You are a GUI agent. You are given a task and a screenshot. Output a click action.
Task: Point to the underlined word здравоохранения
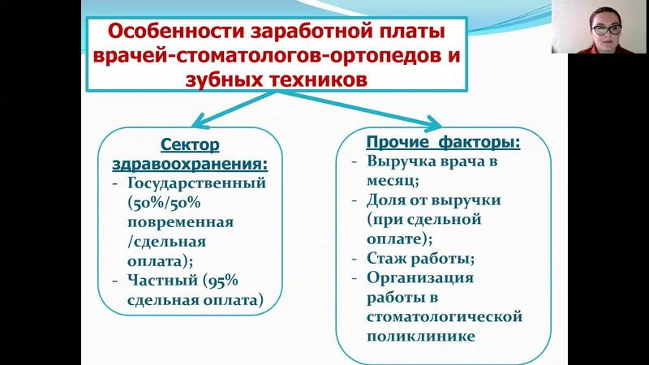tap(189, 163)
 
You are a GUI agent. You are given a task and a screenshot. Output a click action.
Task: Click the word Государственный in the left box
tap(196, 182)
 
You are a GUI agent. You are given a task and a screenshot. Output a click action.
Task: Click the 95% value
tap(219, 281)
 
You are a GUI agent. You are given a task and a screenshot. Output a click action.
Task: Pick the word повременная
tap(180, 221)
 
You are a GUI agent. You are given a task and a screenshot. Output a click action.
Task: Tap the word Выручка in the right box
tap(400, 161)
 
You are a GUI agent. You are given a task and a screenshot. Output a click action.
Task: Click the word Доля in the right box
tap(385, 200)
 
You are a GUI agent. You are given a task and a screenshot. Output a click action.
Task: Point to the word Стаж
tap(387, 259)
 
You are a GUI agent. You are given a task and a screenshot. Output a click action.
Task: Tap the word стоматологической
tap(444, 317)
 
